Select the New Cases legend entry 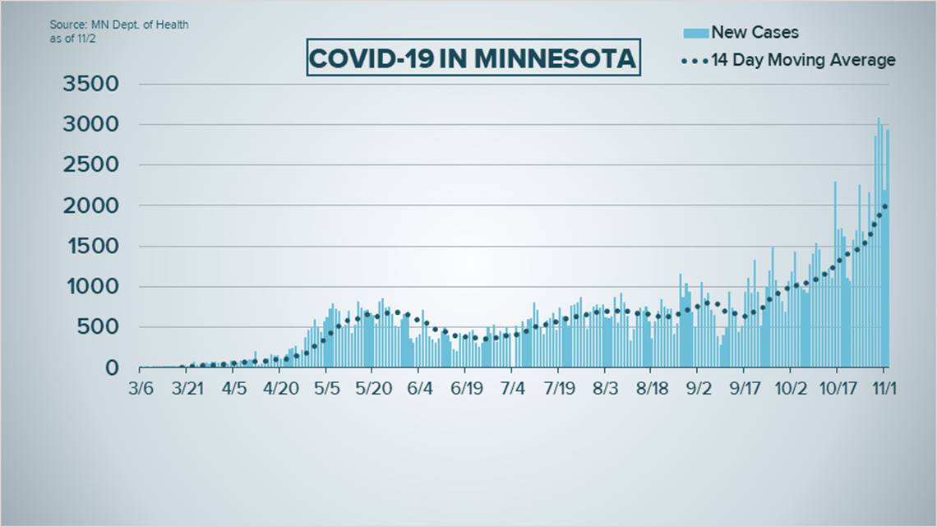click(754, 33)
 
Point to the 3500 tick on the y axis click(90, 84)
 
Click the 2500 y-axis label click(90, 165)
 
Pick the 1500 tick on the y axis click(90, 247)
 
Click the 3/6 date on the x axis click(141, 386)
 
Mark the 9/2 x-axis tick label click(698, 386)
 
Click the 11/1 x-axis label click(884, 386)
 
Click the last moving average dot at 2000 click(884, 206)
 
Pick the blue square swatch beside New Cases click(695, 33)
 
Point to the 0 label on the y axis click(112, 368)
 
